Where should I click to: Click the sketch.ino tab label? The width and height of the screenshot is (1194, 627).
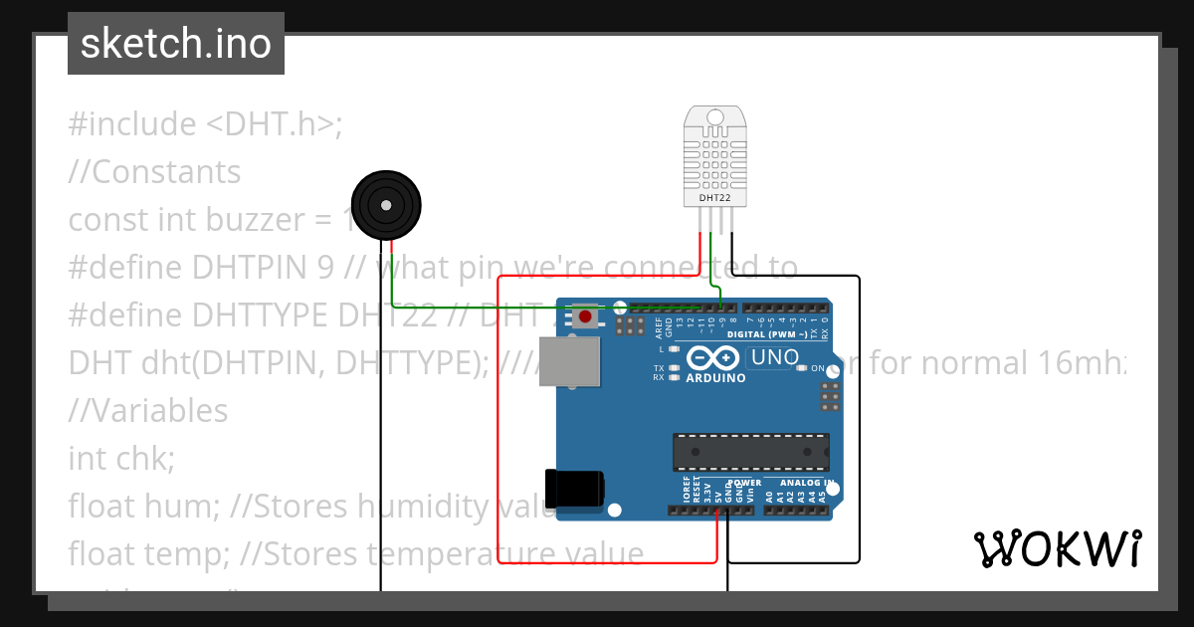(176, 44)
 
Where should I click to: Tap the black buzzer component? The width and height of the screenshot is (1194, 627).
(386, 205)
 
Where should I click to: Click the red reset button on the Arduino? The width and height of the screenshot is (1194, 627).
(585, 317)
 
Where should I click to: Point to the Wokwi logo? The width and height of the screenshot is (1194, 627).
(1057, 548)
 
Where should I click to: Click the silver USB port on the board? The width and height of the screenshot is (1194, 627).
(570, 360)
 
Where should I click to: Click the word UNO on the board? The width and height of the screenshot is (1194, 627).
(774, 356)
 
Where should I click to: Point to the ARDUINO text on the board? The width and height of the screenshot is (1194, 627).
(715, 378)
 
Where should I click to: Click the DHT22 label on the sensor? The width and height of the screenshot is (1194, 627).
(714, 198)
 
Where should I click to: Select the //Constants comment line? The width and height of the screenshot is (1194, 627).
(154, 172)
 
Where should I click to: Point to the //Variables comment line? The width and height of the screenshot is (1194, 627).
(148, 411)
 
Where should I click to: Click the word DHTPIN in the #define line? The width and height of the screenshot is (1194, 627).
(249, 268)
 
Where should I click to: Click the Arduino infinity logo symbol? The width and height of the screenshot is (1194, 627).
(714, 357)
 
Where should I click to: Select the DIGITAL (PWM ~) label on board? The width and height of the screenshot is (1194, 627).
(760, 334)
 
